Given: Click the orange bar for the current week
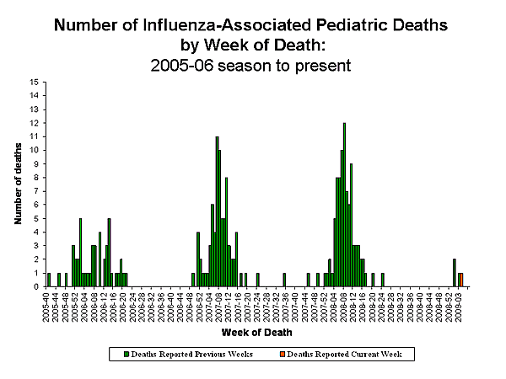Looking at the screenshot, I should [x=461, y=280].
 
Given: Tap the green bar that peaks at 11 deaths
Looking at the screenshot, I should [x=217, y=211].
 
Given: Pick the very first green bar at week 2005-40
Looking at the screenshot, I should [x=48, y=280].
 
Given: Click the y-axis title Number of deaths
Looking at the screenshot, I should [x=18, y=184].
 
